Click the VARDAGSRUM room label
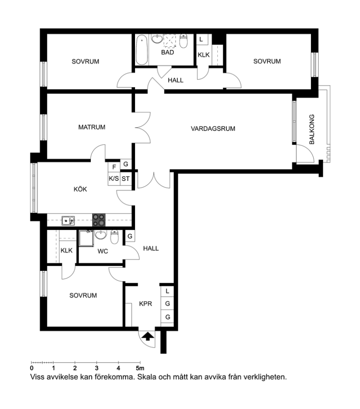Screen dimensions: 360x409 coord(213,129)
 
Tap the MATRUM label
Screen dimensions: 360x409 coord(92,127)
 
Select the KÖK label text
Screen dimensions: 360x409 coord(80,189)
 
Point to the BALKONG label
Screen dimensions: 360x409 coord(312,130)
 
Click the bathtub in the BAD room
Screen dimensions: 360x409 coord(142,50)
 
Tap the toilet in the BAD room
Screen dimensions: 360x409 coord(184,41)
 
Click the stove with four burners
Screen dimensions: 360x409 coord(99,220)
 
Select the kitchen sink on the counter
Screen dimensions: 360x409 coord(68,221)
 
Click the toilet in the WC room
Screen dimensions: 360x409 coord(115,237)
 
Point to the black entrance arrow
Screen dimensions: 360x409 coord(148,336)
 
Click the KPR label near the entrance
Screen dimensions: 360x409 coord(145,304)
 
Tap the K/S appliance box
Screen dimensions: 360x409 coord(114,179)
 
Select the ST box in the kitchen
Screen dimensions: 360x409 coord(125,179)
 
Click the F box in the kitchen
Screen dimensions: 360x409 coord(114,167)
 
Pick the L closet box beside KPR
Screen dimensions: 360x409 coord(167,291)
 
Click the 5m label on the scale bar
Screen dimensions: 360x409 coord(140,368)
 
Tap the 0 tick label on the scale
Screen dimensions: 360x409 coord(31,368)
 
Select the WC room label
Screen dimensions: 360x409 coord(103,251)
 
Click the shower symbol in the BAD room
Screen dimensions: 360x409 coord(170,41)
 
